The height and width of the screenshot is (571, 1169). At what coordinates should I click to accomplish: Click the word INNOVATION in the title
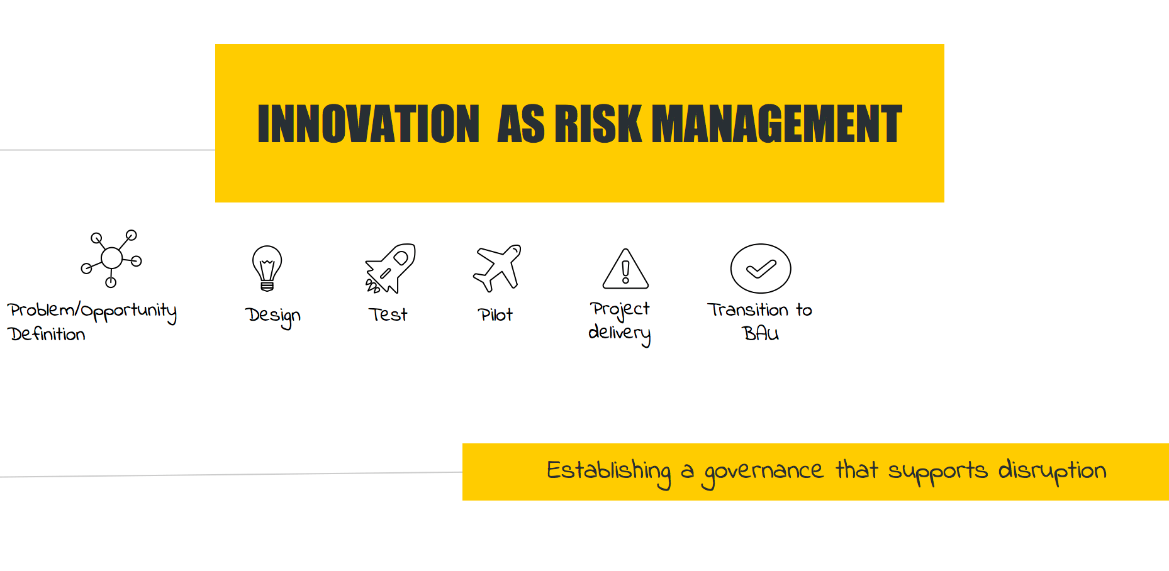tap(369, 124)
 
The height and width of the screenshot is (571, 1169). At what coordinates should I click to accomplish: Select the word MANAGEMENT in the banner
tap(777, 124)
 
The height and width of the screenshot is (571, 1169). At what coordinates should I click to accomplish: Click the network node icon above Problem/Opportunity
tap(111, 258)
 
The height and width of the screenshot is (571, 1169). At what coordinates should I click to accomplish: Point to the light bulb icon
tap(267, 269)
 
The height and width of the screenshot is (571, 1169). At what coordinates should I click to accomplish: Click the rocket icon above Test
tap(390, 269)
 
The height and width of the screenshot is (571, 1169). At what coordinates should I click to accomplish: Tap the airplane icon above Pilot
tap(497, 268)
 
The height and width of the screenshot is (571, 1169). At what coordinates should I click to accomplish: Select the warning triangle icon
tap(625, 269)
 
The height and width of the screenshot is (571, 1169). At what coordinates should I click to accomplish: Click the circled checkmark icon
tap(761, 269)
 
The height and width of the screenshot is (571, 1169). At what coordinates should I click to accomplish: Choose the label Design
tap(273, 316)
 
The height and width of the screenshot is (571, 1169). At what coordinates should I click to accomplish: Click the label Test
tap(388, 314)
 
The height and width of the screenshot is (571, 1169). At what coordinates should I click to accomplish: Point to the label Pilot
tap(495, 314)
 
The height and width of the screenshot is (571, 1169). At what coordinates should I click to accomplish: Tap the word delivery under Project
tap(619, 334)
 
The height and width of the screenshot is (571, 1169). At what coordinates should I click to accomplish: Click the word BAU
tap(761, 333)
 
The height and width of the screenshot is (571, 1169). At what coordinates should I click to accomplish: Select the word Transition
tap(748, 309)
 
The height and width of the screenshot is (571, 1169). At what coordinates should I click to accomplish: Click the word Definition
tap(47, 334)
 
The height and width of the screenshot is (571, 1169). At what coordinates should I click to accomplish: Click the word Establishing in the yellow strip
tap(608, 472)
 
